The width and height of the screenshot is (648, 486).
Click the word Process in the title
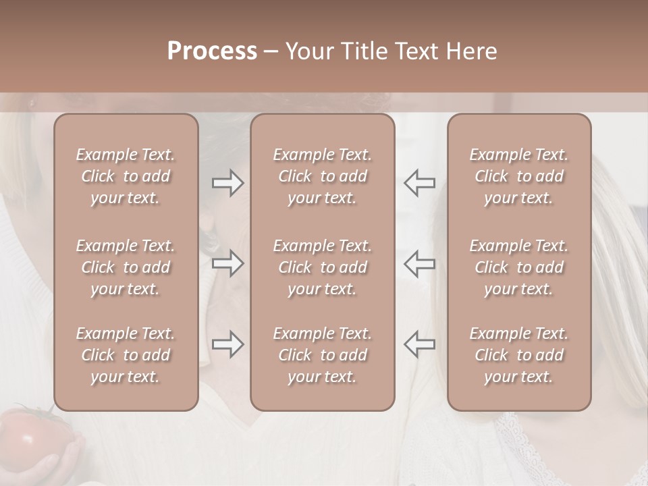[212, 51]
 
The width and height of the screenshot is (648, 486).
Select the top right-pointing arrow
[227, 183]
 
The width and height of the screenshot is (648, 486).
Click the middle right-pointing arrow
[227, 263]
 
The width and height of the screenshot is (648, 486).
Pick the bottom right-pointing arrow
[227, 344]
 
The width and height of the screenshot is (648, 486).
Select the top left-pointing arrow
[419, 183]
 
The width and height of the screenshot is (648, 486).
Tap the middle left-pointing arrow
[419, 263]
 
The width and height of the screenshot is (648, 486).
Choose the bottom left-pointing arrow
[419, 344]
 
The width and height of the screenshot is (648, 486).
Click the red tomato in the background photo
[30, 439]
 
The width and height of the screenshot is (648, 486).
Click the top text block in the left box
[126, 176]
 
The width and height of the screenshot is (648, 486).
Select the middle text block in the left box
[126, 267]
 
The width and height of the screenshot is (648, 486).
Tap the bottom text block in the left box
[126, 355]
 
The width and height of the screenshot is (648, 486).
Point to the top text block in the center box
[323, 176]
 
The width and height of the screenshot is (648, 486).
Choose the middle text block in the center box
[323, 267]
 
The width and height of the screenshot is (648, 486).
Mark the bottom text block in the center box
[323, 355]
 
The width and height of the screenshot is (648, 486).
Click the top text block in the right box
[519, 176]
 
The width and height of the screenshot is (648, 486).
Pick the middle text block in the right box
[519, 267]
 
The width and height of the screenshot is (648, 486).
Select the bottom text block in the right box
[519, 355]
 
